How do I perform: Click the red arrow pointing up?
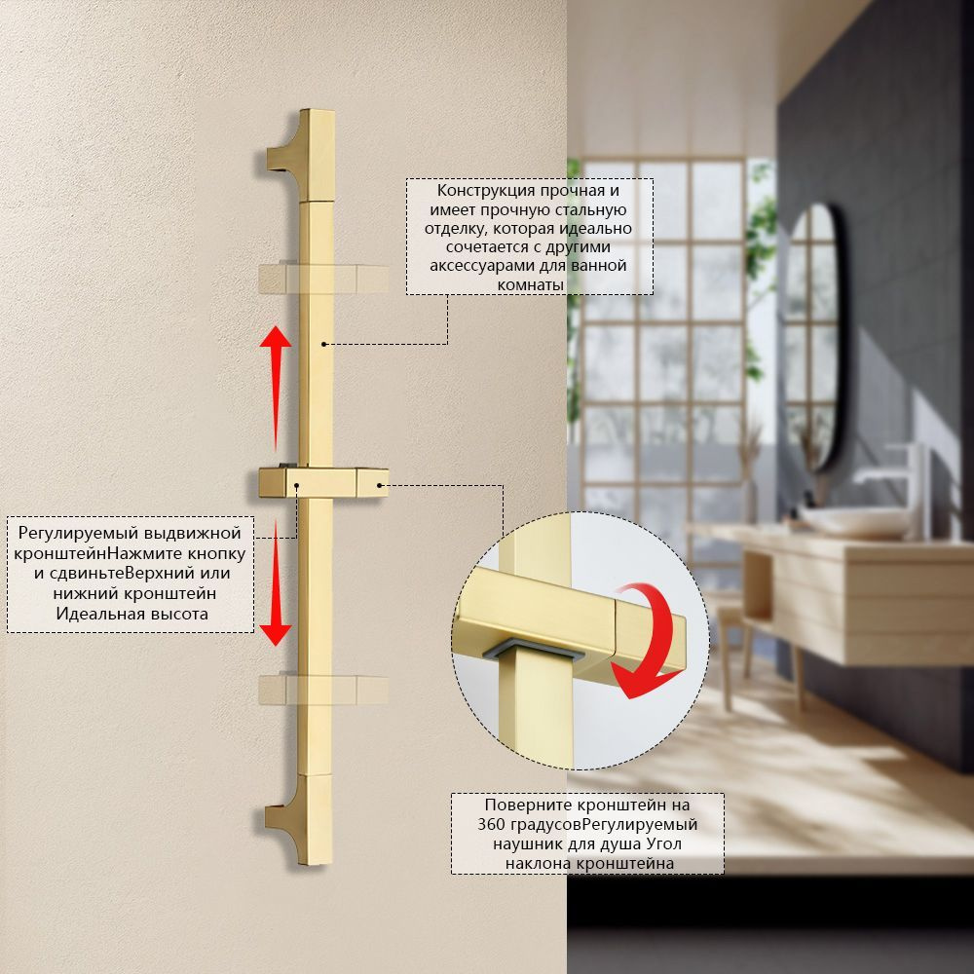276,388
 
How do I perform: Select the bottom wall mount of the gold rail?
299,820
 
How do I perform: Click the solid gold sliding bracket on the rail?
323,483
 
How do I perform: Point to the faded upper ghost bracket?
323,279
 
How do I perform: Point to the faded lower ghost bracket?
323,690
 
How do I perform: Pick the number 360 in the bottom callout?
493,825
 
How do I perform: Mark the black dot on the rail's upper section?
323,344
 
